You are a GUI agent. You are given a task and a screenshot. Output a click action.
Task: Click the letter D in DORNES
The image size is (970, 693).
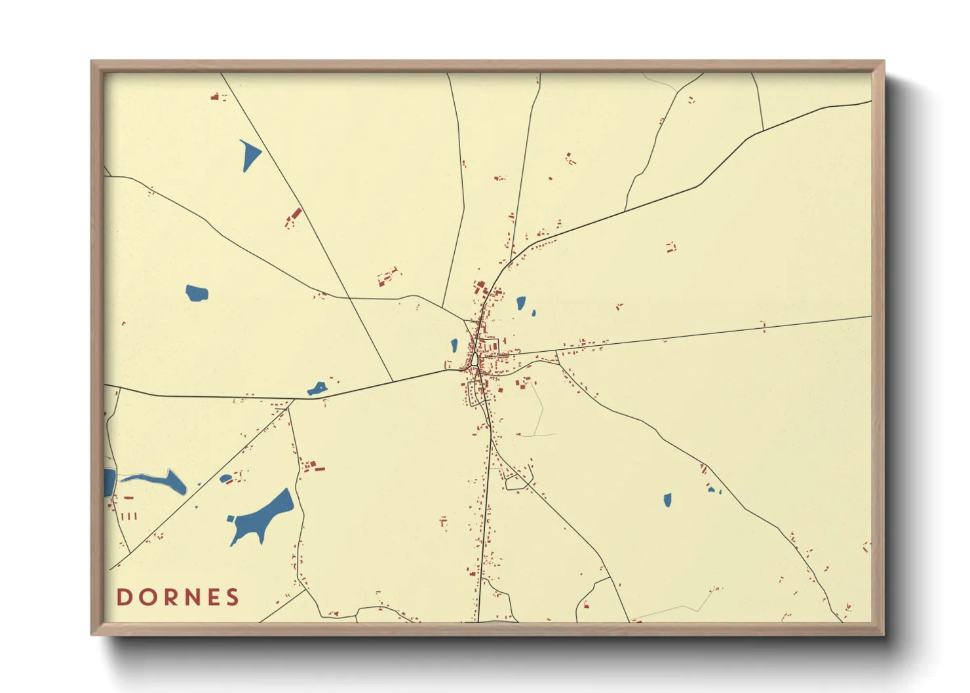pyautogui.click(x=124, y=597)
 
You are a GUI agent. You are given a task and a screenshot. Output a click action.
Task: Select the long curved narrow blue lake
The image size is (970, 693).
pyautogui.click(x=157, y=481)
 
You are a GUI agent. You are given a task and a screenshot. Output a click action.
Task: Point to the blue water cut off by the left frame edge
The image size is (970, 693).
pyautogui.click(x=109, y=482)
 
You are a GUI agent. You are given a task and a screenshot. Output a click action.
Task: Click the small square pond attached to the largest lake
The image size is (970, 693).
pyautogui.click(x=230, y=519)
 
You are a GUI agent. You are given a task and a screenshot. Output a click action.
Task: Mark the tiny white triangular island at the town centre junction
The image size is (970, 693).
pyautogui.click(x=474, y=359)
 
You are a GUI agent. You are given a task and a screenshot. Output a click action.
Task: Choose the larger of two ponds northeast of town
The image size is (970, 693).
pyautogui.click(x=520, y=303)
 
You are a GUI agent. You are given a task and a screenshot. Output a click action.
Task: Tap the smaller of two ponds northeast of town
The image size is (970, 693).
pyautogui.click(x=533, y=313)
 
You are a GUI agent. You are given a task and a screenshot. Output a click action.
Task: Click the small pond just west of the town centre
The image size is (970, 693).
pyautogui.click(x=454, y=345)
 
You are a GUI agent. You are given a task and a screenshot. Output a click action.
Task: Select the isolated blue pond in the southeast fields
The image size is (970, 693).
pyautogui.click(x=667, y=500)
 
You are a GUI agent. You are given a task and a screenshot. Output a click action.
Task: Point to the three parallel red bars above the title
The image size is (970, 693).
pyautogui.click(x=129, y=516)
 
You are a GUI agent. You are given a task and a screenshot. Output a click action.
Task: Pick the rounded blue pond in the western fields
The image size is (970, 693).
pyautogui.click(x=196, y=292)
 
